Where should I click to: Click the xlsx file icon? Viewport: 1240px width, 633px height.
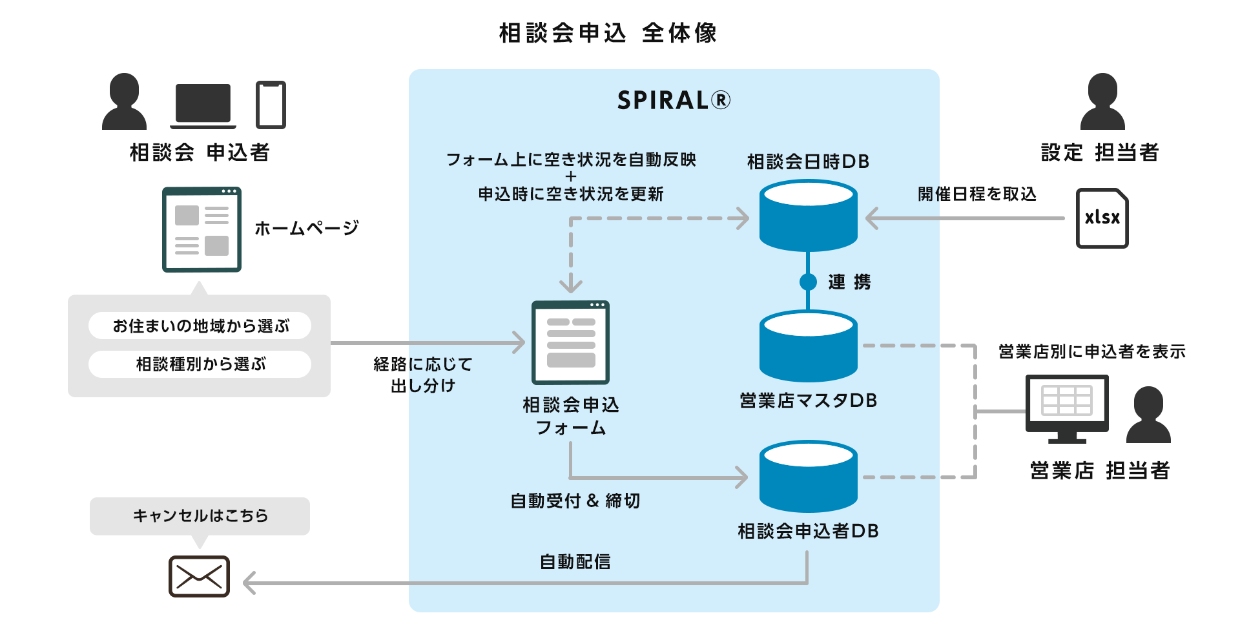(1102, 218)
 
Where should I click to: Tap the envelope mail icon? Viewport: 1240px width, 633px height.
(199, 576)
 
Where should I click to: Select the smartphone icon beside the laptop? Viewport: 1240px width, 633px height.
(271, 105)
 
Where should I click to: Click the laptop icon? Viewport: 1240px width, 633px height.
(203, 105)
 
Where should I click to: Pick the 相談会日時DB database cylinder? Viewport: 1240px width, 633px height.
(808, 216)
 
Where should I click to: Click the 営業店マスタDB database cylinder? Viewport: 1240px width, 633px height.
(808, 346)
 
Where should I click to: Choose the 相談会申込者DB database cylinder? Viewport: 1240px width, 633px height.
(808, 477)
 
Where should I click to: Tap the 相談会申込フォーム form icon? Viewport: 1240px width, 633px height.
(570, 343)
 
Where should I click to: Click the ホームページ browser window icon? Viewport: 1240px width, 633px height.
(201, 230)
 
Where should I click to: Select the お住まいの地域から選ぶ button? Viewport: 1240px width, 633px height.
(200, 326)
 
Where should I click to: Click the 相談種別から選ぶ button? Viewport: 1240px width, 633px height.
(200, 364)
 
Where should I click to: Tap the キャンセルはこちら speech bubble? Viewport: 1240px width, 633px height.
(200, 515)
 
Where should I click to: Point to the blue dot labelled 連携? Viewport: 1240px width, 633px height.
(808, 282)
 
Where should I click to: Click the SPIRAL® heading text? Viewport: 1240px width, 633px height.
(674, 100)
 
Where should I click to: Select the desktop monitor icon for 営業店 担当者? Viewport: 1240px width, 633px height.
(1067, 407)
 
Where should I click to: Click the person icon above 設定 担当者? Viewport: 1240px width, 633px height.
(1102, 102)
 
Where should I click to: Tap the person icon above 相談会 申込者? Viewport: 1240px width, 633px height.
(124, 102)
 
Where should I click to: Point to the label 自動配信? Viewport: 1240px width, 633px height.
(575, 562)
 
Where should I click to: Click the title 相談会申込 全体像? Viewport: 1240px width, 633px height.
(608, 33)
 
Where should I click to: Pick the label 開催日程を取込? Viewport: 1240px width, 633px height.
(976, 194)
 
